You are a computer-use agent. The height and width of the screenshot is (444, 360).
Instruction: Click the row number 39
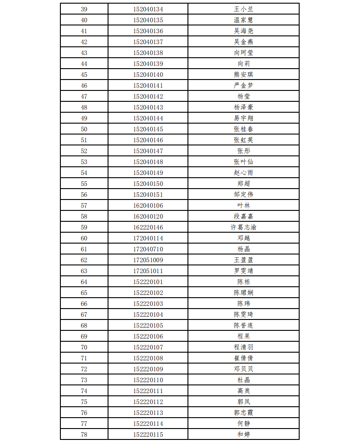coord(84,9)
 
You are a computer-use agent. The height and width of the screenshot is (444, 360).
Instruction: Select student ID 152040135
coord(148,20)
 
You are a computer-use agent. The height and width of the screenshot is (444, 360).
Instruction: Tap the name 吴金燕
coord(243,42)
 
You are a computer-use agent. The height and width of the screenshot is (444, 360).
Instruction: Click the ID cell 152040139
coord(148,64)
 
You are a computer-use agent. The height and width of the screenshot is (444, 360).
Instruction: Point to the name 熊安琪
coord(243,75)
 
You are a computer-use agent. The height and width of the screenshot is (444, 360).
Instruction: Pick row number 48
coord(84,107)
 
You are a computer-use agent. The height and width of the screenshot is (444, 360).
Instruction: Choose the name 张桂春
coord(243,129)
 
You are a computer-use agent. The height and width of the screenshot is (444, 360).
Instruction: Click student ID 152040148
coord(148,162)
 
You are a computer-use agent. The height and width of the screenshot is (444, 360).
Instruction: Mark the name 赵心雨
coord(243,173)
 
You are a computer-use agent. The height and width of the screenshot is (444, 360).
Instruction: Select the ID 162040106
coord(148,205)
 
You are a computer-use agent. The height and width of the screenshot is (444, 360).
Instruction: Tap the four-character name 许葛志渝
coord(243,227)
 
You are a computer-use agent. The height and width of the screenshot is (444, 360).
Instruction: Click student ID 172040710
coord(148,249)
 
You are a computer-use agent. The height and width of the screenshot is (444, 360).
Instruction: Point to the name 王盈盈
coord(243,260)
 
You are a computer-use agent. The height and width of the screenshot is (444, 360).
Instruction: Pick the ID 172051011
coord(148,271)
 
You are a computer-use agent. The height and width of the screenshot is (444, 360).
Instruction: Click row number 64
coord(84,282)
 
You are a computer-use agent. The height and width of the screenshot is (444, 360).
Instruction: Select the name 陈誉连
coord(243,325)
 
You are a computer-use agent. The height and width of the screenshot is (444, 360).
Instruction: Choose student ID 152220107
coord(148,347)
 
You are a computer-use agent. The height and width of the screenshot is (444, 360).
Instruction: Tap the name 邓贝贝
coord(243,369)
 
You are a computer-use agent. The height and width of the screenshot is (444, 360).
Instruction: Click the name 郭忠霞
coord(243,413)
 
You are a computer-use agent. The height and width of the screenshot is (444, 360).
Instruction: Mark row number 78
coord(84,434)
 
